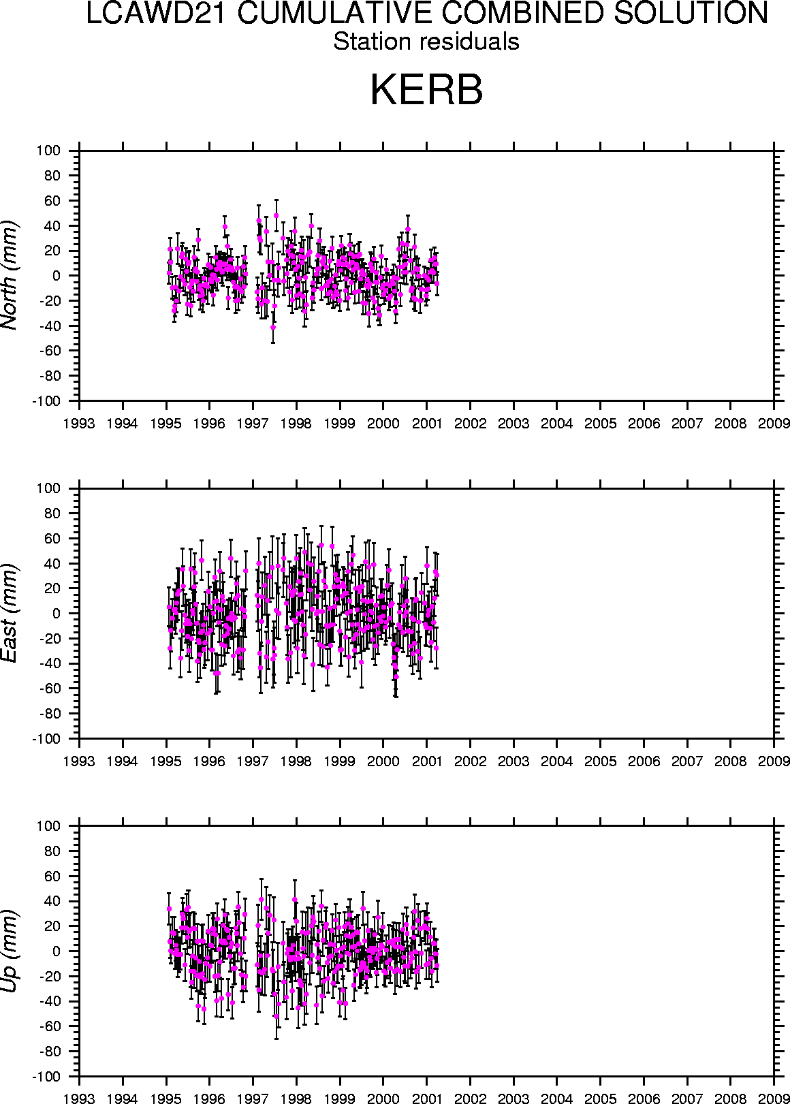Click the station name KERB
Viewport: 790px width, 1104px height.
(x=426, y=90)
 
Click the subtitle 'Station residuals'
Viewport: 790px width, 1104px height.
(x=426, y=42)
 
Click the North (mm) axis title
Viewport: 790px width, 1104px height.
(x=10, y=275)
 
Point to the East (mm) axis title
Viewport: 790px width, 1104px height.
(x=10, y=613)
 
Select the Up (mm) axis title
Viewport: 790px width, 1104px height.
(x=10, y=951)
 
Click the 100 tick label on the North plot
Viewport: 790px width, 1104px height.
(x=50, y=151)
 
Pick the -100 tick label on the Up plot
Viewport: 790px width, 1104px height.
(x=46, y=1077)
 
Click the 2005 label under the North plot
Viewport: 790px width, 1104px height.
(x=600, y=424)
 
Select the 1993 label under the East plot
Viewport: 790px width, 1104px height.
(x=80, y=761)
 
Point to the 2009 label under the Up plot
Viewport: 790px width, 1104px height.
(x=774, y=1099)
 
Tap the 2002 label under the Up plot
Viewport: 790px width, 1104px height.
(x=470, y=1099)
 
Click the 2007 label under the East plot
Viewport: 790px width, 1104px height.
(x=687, y=761)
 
